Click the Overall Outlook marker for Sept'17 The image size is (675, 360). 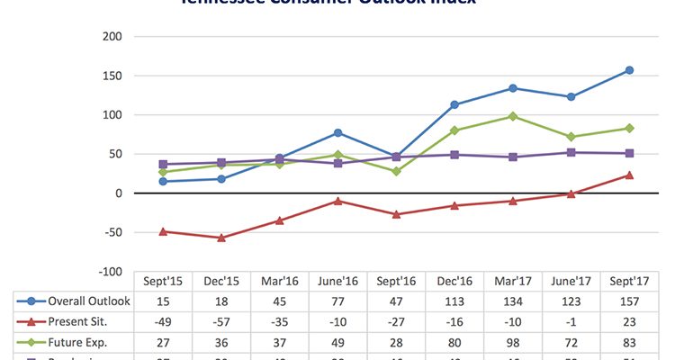coord(629,70)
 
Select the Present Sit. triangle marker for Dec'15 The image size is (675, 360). coord(221,238)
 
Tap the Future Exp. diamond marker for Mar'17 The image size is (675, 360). coord(513,116)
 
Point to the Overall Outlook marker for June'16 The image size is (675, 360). coord(337,133)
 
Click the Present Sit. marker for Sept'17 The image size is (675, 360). coord(629,175)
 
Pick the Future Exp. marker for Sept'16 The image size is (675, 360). coord(396,171)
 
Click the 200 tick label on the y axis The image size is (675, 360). coord(112,37)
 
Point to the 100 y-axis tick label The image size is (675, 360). coord(112,115)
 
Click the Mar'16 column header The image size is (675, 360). coord(279,282)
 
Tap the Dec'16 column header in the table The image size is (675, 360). coord(454,282)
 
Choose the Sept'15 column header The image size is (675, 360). coord(163,282)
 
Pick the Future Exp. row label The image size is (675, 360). coord(77,340)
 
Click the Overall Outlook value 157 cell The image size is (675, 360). coord(629,301)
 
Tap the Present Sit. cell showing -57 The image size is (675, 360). coord(221,320)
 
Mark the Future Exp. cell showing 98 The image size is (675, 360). coord(513,340)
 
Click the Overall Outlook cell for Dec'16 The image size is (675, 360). coord(454,301)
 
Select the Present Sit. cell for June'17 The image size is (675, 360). coord(571,320)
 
